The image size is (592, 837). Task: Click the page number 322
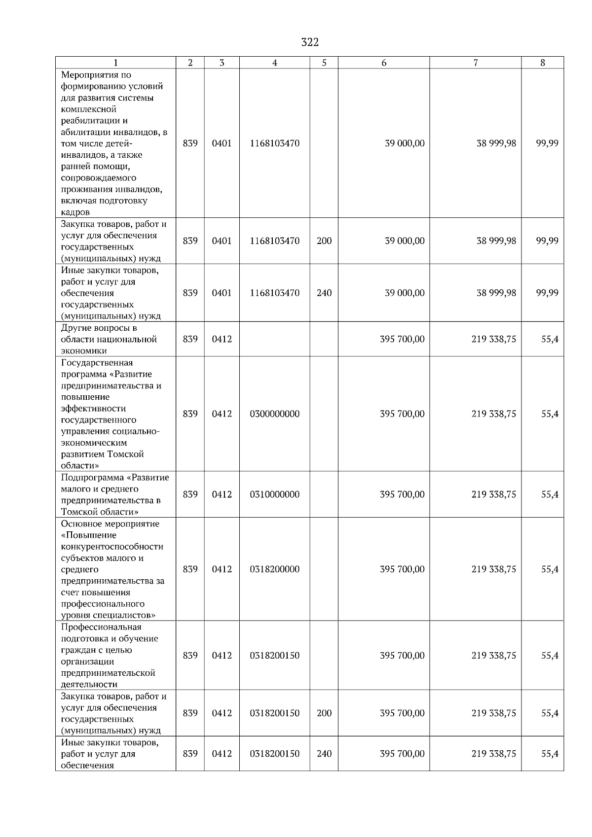[310, 42]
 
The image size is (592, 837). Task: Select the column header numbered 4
[275, 63]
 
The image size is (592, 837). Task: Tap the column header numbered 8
[543, 63]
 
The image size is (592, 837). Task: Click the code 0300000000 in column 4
[275, 414]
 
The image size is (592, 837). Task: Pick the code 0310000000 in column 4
[275, 494]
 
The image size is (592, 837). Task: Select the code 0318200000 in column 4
[275, 569]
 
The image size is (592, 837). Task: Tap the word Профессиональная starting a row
[101, 627]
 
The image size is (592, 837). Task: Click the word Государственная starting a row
[97, 363]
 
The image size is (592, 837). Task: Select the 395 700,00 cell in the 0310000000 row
[402, 494]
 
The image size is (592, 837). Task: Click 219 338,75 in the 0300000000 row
[494, 414]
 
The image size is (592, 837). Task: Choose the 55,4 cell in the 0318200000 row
[550, 569]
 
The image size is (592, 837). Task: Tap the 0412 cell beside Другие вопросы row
[222, 339]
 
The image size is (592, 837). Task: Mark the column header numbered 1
[116, 63]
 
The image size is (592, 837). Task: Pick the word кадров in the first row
[75, 212]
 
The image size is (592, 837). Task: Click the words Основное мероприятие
[110, 523]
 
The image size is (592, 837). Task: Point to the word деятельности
[89, 684]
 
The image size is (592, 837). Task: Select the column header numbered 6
[384, 63]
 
